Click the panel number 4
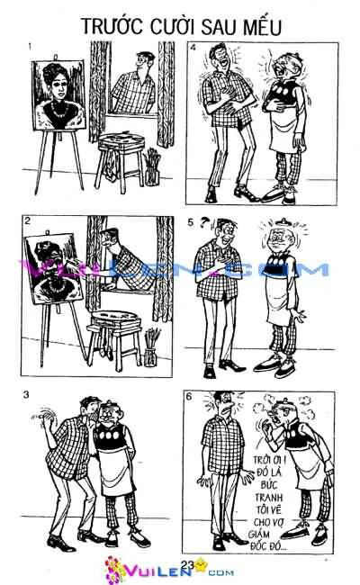(193, 48)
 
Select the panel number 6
(189, 396)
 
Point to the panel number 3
(26, 395)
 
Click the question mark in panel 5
(203, 222)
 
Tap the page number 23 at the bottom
(187, 565)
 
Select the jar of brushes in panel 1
(152, 167)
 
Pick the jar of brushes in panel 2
(151, 347)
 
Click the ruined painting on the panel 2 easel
(53, 268)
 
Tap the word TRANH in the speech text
(268, 498)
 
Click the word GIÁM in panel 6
(259, 535)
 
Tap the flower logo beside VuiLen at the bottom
(114, 569)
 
